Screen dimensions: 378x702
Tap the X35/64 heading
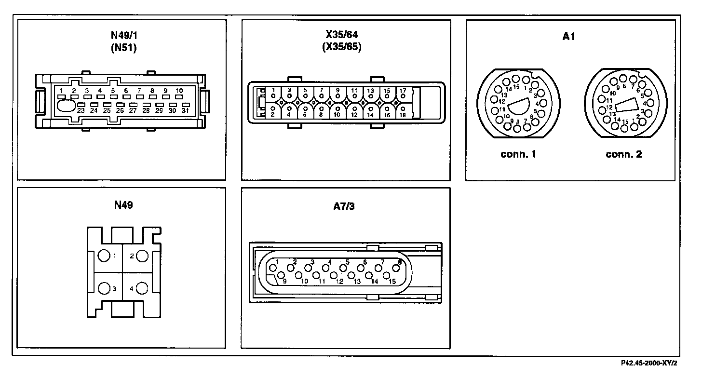(342, 35)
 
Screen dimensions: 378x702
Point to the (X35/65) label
(342, 47)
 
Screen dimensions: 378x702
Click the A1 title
(569, 37)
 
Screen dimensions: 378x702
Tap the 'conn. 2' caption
(624, 155)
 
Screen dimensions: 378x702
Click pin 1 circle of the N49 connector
(104, 256)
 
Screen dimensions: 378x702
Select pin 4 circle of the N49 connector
(142, 288)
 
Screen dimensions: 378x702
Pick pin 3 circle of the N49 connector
(104, 288)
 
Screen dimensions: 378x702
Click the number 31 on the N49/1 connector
(185, 111)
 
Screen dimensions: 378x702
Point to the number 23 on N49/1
(81, 111)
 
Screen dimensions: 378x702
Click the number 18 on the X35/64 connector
(403, 115)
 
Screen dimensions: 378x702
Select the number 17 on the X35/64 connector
(403, 90)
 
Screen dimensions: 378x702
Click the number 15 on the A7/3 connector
(392, 281)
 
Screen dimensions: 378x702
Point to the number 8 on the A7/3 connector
(399, 262)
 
